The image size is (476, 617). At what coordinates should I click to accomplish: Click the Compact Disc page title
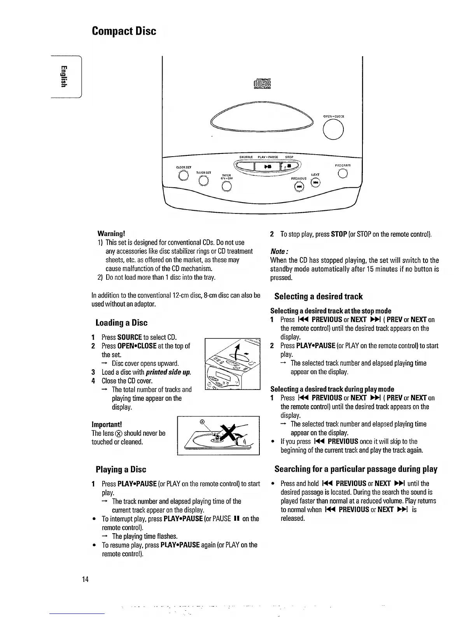click(x=124, y=31)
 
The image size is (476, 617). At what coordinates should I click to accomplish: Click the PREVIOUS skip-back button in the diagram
click(x=299, y=187)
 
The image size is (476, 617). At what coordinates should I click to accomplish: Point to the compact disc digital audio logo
click(x=263, y=84)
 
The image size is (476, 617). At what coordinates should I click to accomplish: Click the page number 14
click(x=85, y=579)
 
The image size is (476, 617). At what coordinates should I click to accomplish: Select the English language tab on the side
click(x=65, y=77)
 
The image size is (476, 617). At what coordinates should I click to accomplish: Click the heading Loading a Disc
click(x=121, y=323)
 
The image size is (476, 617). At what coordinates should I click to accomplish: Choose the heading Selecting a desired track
click(x=318, y=296)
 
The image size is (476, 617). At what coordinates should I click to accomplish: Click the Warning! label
click(x=111, y=234)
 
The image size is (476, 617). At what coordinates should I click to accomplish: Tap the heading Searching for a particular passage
click(x=356, y=469)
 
